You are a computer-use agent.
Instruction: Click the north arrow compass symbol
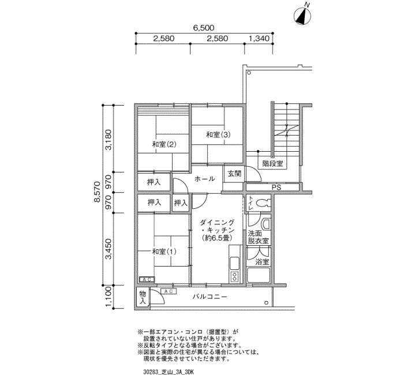302,16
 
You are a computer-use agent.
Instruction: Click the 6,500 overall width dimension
204,28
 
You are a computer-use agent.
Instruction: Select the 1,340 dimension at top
259,39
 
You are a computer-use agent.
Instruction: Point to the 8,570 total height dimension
97,192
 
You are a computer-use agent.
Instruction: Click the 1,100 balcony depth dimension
109,297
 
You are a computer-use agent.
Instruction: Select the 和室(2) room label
164,144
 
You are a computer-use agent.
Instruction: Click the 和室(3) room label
218,134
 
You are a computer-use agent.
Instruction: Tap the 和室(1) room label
164,252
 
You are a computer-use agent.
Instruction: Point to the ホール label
204,178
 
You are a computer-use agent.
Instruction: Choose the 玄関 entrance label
234,174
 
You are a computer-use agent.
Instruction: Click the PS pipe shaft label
276,187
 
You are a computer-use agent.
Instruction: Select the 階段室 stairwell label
272,163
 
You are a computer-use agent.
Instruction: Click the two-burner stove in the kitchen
235,277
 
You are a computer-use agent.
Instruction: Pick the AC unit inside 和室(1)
147,279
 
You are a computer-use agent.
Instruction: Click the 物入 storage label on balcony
143,298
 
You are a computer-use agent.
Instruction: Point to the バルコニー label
210,297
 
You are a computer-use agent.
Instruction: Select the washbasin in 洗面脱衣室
266,224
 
